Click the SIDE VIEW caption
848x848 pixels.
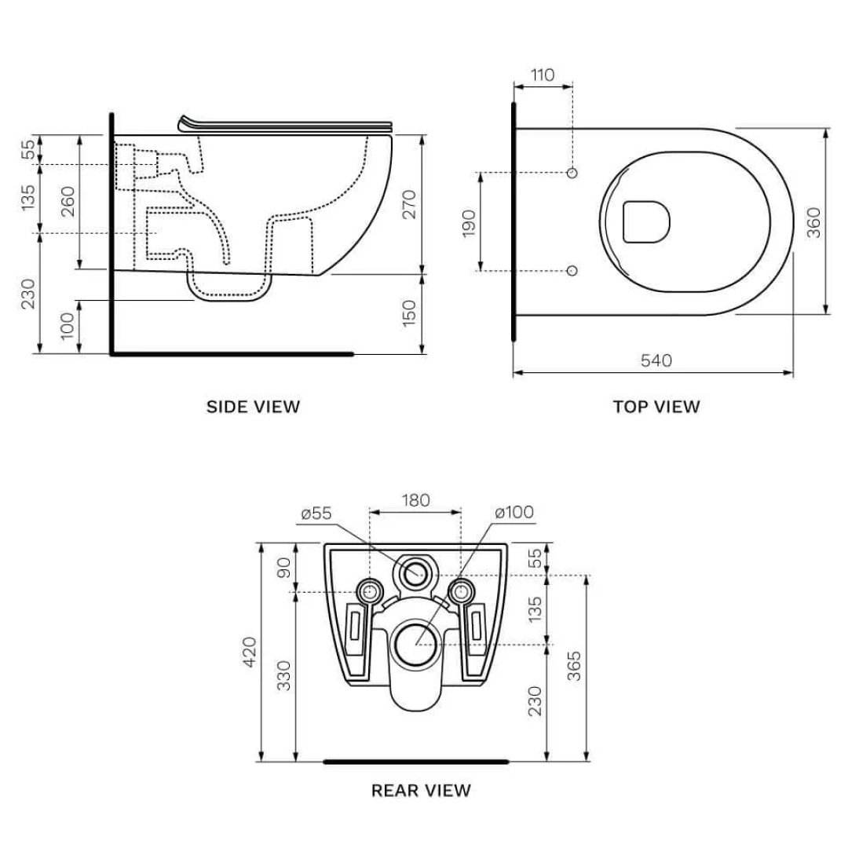(253, 407)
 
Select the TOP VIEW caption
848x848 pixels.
(656, 407)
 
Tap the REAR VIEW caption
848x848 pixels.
(421, 790)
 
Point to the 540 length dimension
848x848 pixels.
(656, 360)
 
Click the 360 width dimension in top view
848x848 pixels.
(813, 222)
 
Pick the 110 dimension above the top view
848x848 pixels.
(542, 75)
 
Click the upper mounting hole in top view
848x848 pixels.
(572, 172)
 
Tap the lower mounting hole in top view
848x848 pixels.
(572, 270)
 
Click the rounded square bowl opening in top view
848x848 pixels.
(645, 221)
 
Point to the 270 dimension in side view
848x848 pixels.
(409, 203)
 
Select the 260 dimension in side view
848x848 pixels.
(68, 202)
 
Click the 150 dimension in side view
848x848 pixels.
(409, 313)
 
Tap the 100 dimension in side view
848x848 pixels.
(68, 325)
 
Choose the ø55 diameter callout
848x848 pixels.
(316, 514)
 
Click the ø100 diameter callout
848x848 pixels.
(514, 513)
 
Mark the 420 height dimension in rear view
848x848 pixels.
(250, 652)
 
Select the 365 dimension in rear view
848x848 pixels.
(574, 666)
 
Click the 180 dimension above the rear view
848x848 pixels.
(415, 500)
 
